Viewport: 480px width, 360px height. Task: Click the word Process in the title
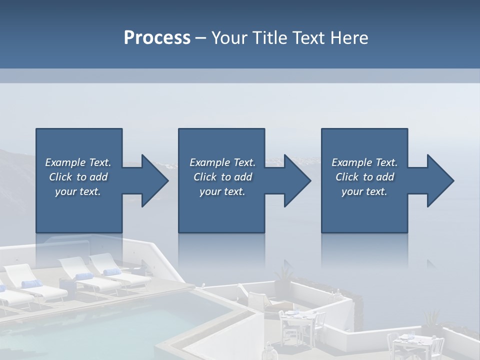tap(157, 38)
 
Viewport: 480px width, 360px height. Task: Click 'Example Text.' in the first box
tap(78, 162)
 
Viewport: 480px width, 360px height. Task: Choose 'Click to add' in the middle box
tap(222, 177)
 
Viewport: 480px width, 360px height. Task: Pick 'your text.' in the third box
tap(364, 191)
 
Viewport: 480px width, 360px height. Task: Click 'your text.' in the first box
tap(78, 191)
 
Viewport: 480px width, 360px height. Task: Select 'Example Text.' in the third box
tap(364, 162)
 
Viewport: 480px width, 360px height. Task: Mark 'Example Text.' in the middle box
tap(222, 162)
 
